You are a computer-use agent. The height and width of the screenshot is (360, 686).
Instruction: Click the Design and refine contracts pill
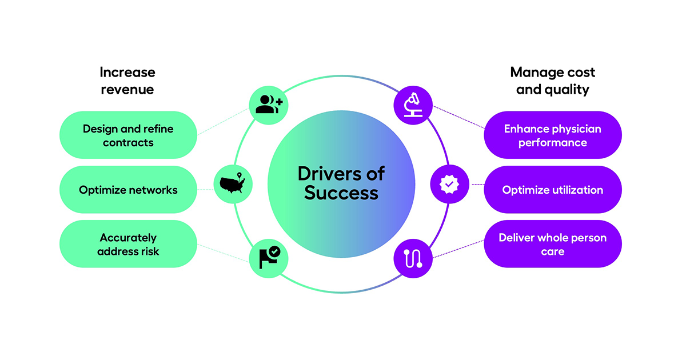pyautogui.click(x=128, y=135)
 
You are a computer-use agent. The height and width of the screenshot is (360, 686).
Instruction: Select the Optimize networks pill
pyautogui.click(x=128, y=190)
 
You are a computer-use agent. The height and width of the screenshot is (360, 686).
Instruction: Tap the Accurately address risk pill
pyautogui.click(x=128, y=244)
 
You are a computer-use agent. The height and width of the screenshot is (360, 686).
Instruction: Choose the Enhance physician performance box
pyautogui.click(x=552, y=135)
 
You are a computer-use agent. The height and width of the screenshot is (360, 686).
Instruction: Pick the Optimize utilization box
pyautogui.click(x=552, y=190)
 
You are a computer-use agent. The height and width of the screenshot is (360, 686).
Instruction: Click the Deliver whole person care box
pyautogui.click(x=552, y=244)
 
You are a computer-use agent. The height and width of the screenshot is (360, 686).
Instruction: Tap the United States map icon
pyautogui.click(x=232, y=183)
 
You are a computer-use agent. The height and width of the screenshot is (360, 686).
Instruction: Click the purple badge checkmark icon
pyautogui.click(x=449, y=184)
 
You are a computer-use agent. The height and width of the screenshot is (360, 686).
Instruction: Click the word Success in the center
pyautogui.click(x=341, y=193)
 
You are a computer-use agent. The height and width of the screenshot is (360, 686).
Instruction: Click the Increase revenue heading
pyautogui.click(x=127, y=81)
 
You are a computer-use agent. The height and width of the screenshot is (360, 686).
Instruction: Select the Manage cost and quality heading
pyautogui.click(x=552, y=81)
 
